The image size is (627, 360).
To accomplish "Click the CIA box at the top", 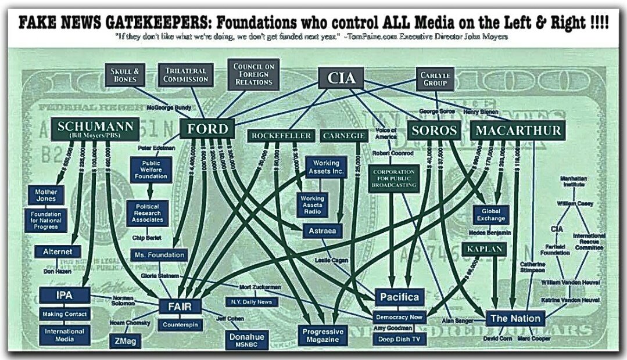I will point(341,78).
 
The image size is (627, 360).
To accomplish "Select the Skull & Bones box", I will point(124,75).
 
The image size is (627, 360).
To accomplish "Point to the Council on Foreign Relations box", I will point(253,74).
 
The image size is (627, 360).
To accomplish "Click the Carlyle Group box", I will point(436,78).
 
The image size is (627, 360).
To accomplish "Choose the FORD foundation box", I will point(207,128).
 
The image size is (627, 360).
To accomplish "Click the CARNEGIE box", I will point(343,136).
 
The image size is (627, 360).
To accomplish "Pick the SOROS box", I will point(433,129).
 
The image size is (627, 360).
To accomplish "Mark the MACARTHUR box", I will point(518,129).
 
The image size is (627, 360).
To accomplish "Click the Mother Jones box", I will point(45,195).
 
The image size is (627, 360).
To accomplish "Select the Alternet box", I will point(58,251).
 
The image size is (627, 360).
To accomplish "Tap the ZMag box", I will point(125,341).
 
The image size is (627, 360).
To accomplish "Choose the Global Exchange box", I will point(491,214).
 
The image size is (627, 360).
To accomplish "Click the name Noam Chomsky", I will point(130,322).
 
